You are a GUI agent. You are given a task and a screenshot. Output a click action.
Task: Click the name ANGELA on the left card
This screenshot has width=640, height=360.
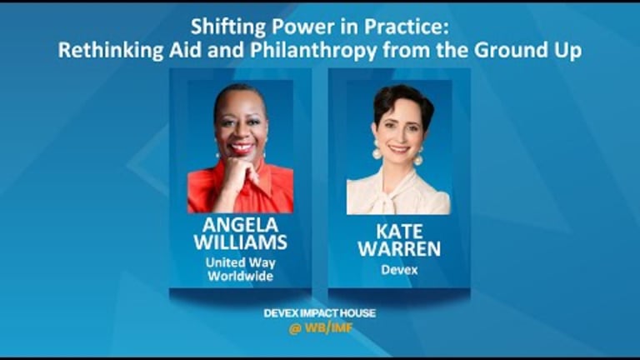click(240, 226)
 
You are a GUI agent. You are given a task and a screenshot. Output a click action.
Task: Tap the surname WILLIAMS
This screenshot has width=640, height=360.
click(240, 243)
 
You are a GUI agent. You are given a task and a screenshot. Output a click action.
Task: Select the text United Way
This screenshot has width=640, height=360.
click(240, 262)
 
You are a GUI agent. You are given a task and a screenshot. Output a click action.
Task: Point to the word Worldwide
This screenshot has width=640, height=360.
click(240, 276)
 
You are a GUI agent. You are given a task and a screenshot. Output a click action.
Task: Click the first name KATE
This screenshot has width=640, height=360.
click(399, 231)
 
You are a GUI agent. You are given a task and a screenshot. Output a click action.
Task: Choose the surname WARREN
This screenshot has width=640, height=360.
click(399, 249)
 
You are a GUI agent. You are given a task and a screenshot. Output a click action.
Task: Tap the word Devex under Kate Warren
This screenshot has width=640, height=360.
click(399, 269)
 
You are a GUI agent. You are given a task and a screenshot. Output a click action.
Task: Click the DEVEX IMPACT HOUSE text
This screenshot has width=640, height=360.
click(320, 313)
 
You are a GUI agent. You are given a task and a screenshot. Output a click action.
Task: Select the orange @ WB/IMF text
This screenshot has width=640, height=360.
click(320, 328)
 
